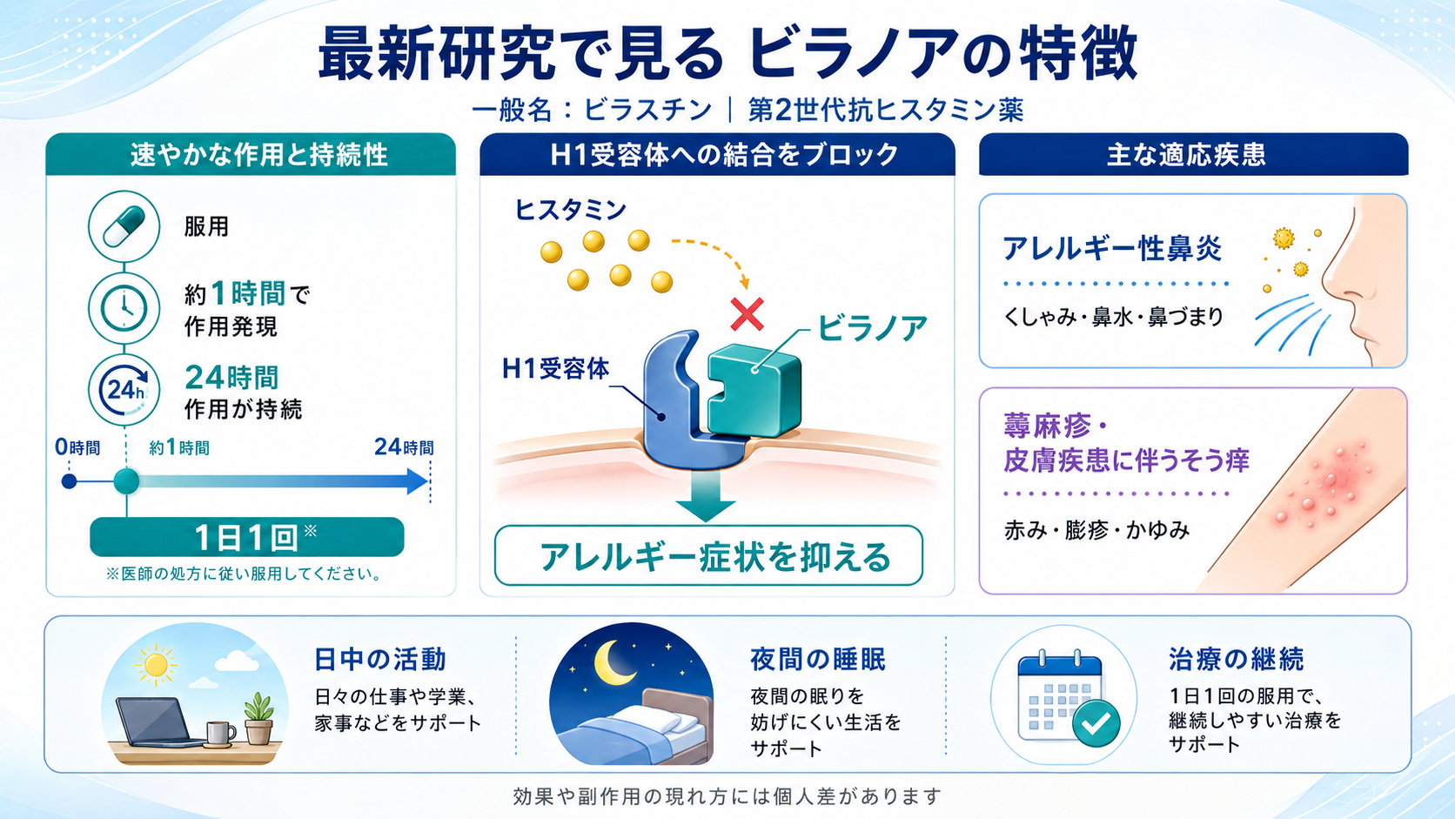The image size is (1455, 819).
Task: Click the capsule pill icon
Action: (x=124, y=226)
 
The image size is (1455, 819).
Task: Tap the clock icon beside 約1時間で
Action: (x=124, y=308)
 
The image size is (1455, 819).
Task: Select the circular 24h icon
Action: (x=124, y=390)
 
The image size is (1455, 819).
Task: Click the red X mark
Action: (x=747, y=315)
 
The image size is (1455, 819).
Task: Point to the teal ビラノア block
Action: (x=754, y=390)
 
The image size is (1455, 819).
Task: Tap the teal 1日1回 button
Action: (x=247, y=537)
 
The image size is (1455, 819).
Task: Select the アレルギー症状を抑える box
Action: (x=708, y=557)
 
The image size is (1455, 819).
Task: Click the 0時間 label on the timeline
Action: (x=77, y=447)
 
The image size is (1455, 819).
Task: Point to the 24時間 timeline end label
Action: (x=404, y=446)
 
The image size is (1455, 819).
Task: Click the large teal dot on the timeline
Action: (x=127, y=481)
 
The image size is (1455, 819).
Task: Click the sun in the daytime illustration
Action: (x=156, y=664)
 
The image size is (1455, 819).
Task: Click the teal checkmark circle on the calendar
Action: (x=1096, y=723)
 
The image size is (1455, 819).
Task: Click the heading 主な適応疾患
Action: (x=1186, y=155)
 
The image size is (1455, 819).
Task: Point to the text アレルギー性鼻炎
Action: (x=1112, y=249)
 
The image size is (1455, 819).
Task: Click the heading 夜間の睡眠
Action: (x=818, y=659)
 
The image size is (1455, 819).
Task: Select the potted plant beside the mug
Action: (x=258, y=718)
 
